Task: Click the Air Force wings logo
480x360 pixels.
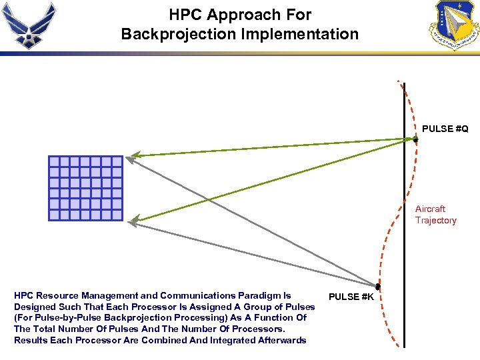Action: point(29,25)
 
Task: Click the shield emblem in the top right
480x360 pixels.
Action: point(454,25)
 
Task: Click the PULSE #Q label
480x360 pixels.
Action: point(445,128)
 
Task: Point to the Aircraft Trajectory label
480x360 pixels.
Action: point(435,215)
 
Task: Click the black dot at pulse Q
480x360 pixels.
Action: point(415,139)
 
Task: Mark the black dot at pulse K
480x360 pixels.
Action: point(377,287)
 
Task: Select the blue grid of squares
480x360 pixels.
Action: point(85,188)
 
